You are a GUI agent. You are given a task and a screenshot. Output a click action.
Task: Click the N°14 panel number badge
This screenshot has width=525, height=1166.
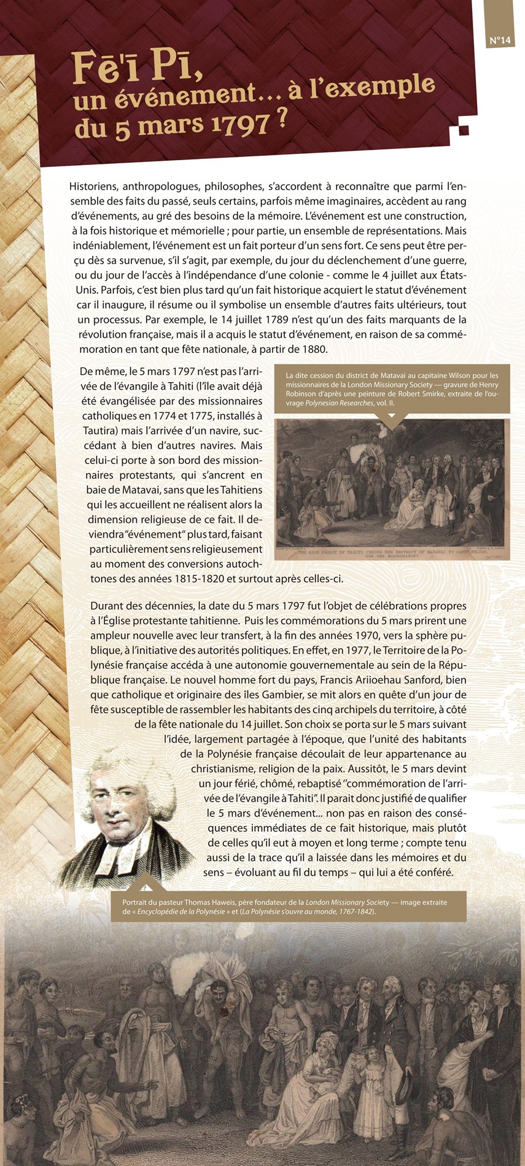(x=500, y=41)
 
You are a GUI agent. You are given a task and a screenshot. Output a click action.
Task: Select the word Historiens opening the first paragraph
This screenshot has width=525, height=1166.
(x=93, y=186)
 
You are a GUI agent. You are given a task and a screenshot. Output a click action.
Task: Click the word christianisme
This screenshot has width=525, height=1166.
(x=227, y=768)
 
